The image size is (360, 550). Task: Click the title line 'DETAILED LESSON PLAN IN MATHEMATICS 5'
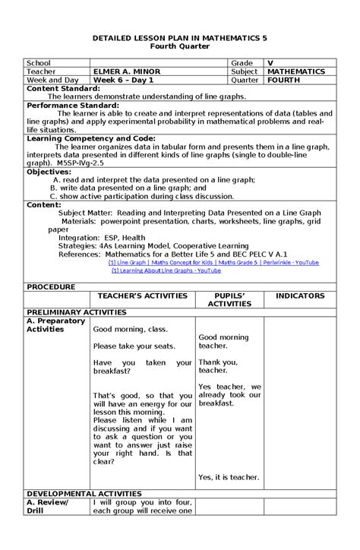coord(180,36)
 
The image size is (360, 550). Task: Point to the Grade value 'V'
coord(270,62)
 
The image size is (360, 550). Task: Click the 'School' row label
coord(39,62)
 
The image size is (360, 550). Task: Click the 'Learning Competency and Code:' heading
coord(90,139)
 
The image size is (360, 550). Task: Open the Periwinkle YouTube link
coord(213,262)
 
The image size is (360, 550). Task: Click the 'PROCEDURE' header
coord(51,287)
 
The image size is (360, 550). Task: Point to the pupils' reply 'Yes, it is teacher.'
coord(229,477)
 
